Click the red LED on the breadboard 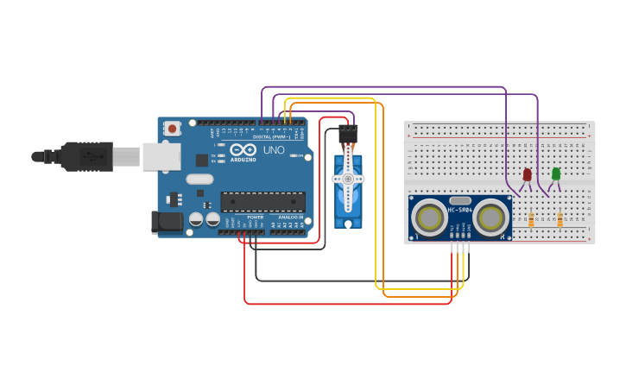(x=528, y=174)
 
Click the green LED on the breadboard (x=556, y=173)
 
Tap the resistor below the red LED (x=531, y=220)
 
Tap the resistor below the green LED (x=560, y=220)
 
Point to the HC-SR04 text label (x=459, y=210)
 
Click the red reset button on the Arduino (x=173, y=129)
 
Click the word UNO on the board (x=274, y=150)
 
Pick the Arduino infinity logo (x=243, y=149)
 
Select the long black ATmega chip (x=262, y=202)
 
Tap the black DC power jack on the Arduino (x=167, y=222)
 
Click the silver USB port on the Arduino (x=161, y=156)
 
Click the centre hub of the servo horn (x=349, y=179)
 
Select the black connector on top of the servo (x=348, y=134)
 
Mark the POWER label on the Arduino (x=255, y=217)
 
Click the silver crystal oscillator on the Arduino (x=199, y=180)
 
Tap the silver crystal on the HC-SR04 (x=460, y=200)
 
